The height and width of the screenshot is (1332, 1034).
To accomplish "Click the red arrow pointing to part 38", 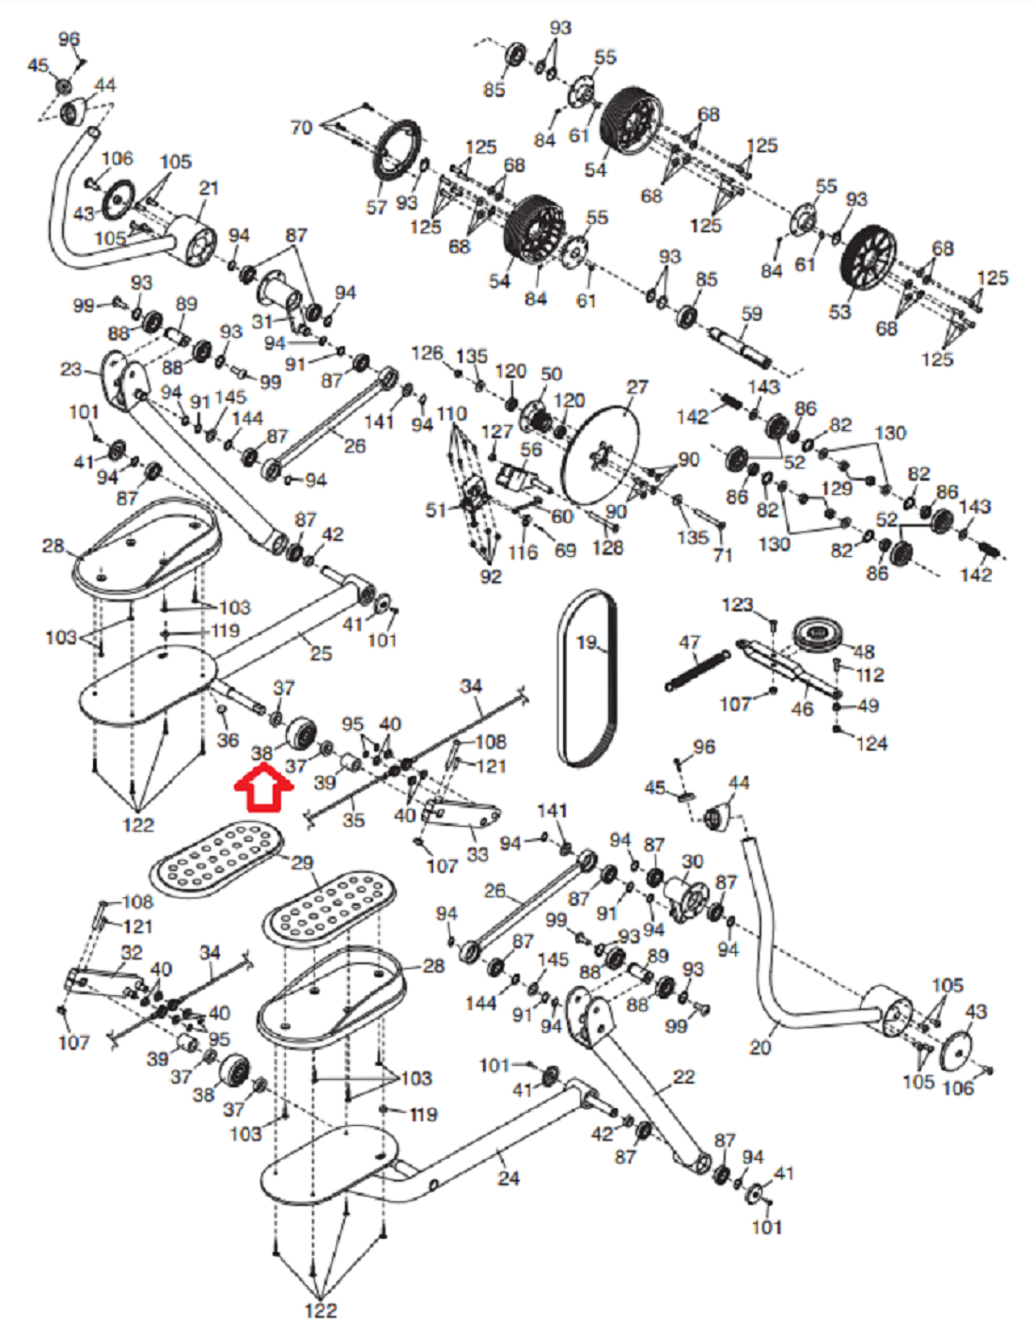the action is (x=263, y=790).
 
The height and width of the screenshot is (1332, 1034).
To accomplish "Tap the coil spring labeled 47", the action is (x=697, y=671).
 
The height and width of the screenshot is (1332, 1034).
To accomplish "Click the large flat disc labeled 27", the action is (x=601, y=456).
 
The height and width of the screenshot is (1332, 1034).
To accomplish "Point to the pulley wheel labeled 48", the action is (x=819, y=634).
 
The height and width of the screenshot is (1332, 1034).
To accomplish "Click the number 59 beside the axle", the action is (x=752, y=314).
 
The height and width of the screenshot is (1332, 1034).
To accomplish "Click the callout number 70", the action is (x=302, y=128).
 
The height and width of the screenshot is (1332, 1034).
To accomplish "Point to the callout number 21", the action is (x=209, y=187).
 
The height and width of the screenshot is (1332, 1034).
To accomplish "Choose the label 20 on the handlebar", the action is (x=760, y=1048).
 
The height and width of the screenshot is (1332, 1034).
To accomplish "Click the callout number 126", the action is (x=427, y=353).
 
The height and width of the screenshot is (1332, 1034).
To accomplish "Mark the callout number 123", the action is (x=738, y=605).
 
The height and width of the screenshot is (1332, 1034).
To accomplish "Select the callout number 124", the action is (x=871, y=743).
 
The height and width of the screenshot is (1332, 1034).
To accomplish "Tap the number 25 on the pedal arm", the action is (x=321, y=654).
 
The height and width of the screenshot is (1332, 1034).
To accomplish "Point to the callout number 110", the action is (x=451, y=415).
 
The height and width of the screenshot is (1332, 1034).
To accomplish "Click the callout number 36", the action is (x=227, y=740).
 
